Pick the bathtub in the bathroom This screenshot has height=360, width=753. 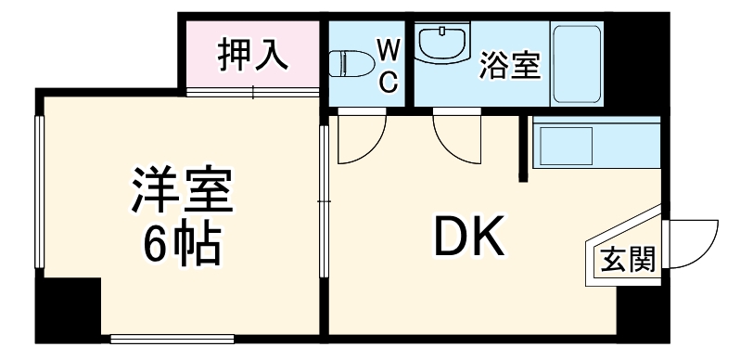click(579, 63)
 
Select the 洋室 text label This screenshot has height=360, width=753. click(182, 192)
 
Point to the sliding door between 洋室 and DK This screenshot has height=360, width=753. click(324, 199)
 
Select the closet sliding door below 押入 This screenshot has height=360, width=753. click(253, 90)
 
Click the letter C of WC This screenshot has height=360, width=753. click(389, 82)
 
